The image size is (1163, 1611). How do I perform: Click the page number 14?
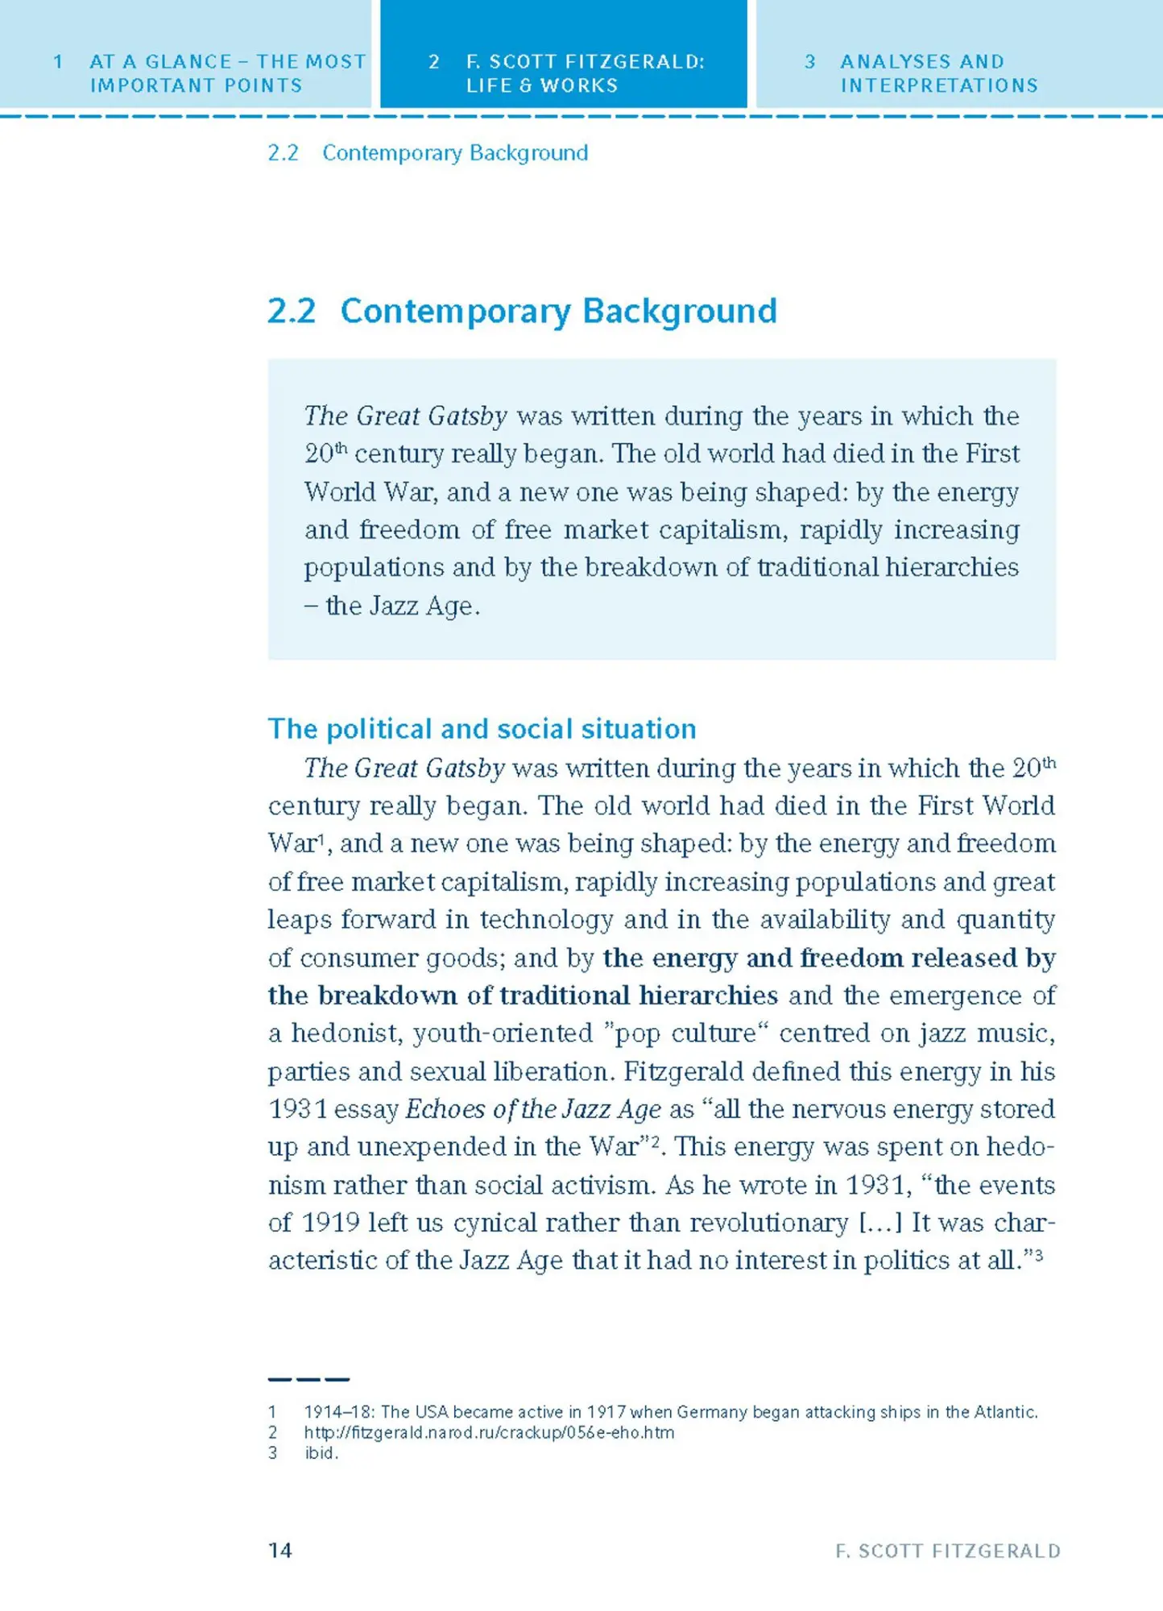coord(279,1550)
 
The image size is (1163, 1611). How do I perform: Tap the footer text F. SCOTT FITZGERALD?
coord(948,1551)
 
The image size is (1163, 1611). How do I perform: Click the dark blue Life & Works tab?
coord(564,72)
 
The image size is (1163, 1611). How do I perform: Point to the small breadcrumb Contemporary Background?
coord(454,153)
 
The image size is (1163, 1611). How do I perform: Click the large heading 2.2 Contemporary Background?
coord(522,311)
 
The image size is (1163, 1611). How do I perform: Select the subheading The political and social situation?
coord(482,729)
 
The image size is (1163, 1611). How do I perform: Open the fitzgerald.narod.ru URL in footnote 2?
coord(489,1432)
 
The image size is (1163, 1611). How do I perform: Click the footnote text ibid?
coord(321,1452)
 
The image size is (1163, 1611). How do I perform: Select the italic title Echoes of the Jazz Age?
coord(532,1109)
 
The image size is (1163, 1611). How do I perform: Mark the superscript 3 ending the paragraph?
coord(1039,1254)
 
